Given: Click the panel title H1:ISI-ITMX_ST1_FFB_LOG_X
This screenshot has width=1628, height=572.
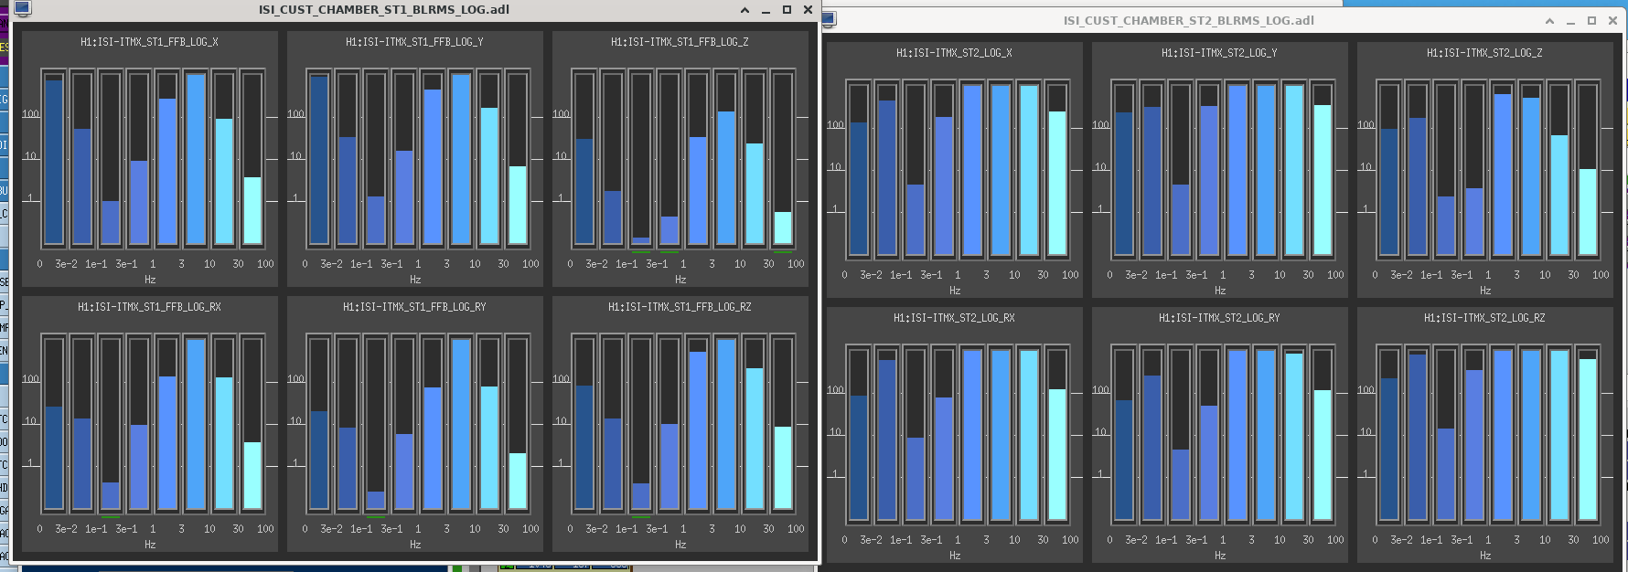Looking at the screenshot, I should tap(149, 42).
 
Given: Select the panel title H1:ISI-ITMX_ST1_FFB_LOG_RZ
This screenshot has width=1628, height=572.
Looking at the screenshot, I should tap(680, 307).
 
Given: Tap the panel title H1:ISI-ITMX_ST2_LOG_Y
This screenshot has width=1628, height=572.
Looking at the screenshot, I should tap(1219, 53).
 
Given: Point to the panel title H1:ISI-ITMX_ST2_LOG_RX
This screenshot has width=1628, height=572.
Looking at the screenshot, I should tap(954, 318).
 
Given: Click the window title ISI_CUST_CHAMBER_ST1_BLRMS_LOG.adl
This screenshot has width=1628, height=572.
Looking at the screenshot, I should tap(384, 10).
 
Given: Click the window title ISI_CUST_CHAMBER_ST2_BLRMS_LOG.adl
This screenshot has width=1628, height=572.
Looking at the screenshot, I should tap(1188, 20).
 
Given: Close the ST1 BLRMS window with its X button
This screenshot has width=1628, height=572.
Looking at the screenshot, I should tap(808, 10).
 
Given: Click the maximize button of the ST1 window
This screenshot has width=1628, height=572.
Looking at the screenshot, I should tap(787, 10).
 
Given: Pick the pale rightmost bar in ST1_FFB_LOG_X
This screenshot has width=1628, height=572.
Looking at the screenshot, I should tap(252, 210).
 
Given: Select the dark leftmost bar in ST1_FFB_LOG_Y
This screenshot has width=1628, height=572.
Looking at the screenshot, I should tap(318, 160).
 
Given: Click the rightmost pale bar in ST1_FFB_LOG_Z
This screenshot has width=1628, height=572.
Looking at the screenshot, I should tap(783, 228).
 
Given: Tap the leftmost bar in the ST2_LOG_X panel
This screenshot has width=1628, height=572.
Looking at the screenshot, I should tap(858, 188).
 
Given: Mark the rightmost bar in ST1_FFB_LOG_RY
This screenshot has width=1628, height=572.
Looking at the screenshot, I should tap(518, 481).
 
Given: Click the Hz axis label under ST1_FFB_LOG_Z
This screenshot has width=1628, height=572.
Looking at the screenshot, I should tap(680, 280).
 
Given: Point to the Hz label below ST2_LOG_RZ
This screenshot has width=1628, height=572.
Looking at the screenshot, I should tap(1485, 556).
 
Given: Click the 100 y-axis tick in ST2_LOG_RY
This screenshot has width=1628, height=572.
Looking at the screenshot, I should tap(1100, 390).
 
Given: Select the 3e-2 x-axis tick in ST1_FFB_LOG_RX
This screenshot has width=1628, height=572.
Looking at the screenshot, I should tap(66, 529).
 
